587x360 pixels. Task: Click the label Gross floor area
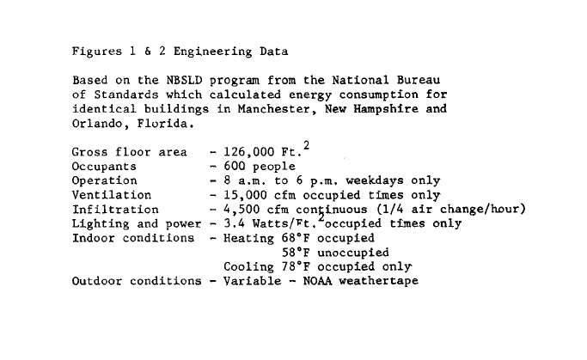pos(122,152)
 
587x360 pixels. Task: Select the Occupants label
pos(104,167)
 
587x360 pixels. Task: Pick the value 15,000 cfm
pos(260,195)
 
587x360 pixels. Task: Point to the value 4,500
pos(242,210)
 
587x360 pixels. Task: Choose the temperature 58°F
pos(297,253)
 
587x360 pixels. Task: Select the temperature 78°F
pos(297,267)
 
